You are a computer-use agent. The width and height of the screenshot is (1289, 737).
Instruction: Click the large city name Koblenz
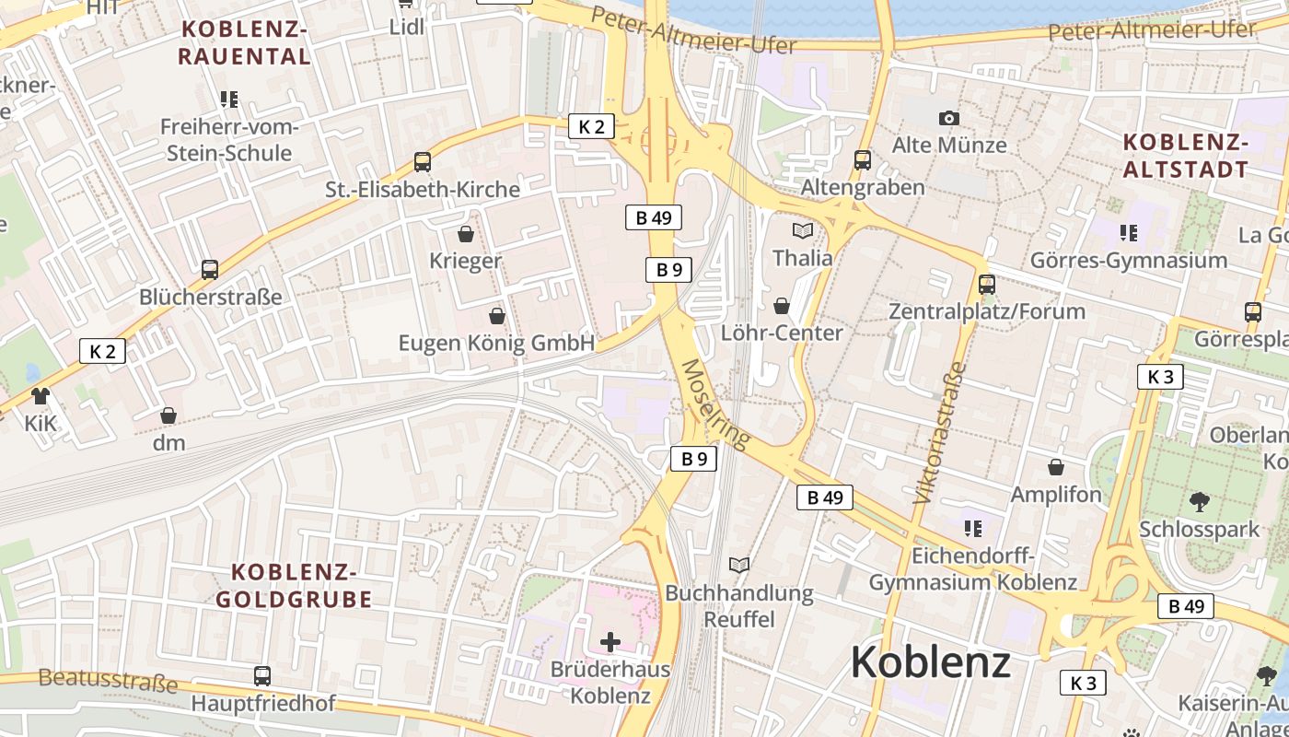pos(930,661)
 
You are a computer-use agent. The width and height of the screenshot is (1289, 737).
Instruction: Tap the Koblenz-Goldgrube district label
pos(294,586)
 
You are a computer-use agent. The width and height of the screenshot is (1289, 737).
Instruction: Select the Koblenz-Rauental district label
pos(244,42)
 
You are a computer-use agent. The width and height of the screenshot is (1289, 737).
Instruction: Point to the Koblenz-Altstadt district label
pos(1186,155)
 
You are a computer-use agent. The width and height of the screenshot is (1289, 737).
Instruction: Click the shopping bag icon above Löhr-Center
pos(782,305)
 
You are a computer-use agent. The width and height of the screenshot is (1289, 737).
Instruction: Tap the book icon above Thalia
pos(803,230)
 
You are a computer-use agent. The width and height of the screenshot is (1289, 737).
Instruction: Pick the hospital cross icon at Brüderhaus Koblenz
pos(610,641)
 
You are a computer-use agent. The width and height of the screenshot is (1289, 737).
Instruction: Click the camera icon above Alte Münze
pos(949,118)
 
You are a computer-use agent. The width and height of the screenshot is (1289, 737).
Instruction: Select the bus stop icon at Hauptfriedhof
pos(262,675)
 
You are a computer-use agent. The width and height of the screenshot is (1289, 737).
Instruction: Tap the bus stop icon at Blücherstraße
pos(210,270)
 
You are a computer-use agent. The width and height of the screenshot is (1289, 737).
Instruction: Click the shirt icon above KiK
pos(41,396)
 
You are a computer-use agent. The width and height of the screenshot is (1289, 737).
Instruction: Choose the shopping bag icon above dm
pos(168,415)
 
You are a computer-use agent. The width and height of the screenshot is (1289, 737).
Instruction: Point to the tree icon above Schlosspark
pos(1199,502)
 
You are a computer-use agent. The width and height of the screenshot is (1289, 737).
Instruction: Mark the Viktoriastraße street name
pos(940,433)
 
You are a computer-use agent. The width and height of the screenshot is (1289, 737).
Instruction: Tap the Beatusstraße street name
pos(108,682)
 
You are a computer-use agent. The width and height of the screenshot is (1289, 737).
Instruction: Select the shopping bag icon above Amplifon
pos(1056,467)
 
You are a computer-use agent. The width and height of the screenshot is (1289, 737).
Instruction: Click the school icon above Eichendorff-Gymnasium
pos(972,529)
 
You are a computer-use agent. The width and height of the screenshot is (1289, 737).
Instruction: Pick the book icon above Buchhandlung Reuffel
pos(739,565)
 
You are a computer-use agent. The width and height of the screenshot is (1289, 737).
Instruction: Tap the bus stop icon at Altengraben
pos(863,159)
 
